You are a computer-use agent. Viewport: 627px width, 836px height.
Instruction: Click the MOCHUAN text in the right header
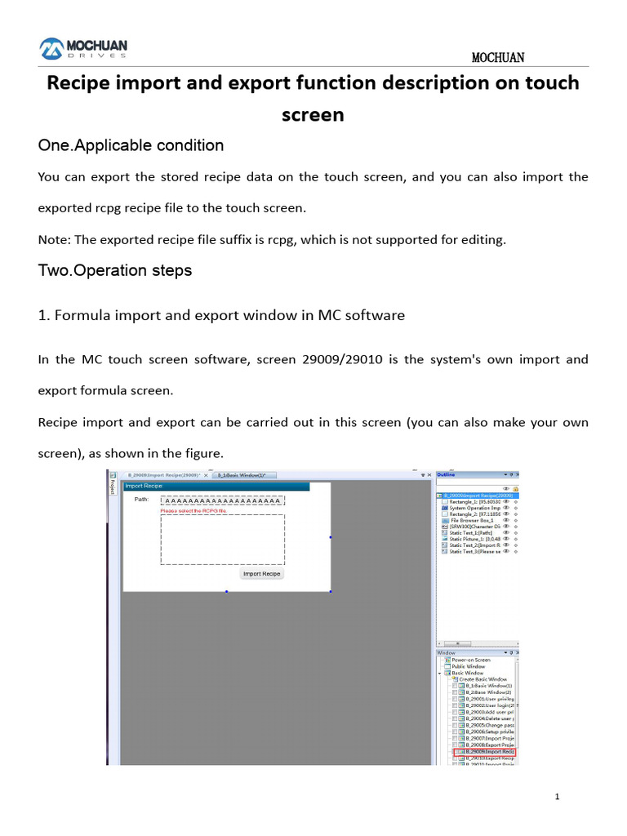(498, 57)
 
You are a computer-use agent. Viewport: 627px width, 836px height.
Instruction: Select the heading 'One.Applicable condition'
(131, 145)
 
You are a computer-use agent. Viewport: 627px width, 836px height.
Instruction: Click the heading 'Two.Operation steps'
(115, 270)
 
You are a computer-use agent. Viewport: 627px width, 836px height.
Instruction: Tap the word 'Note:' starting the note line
(55, 239)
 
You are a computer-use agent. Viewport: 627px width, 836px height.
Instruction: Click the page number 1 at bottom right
(556, 797)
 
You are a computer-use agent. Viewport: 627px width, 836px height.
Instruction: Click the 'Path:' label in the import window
(142, 500)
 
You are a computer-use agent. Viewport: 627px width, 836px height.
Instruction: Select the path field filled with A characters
(222, 500)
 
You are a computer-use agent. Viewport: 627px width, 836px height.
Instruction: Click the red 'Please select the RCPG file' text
(193, 510)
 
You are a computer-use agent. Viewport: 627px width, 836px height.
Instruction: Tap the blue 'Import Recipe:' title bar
(216, 486)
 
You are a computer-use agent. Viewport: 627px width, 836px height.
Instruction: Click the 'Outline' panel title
(447, 474)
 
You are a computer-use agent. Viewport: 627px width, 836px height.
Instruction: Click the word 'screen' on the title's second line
(313, 114)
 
